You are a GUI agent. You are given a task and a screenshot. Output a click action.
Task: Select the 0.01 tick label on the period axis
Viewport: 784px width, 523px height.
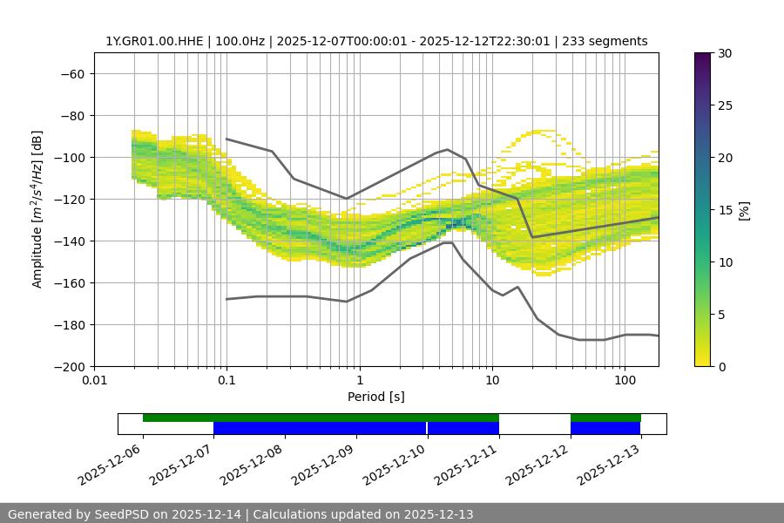pos(94,381)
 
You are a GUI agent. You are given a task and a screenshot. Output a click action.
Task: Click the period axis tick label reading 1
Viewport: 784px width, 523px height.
pos(359,381)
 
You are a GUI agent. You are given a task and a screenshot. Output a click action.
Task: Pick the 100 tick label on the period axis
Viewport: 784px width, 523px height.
pos(625,381)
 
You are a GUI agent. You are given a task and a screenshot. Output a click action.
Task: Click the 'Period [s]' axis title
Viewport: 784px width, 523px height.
pos(376,397)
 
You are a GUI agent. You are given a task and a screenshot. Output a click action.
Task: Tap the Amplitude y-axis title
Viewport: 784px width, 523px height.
pos(37,209)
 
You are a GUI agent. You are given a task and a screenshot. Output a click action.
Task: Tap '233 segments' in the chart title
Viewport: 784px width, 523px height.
pos(605,41)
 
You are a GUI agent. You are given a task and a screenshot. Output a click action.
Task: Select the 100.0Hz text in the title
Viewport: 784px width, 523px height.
pos(238,41)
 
